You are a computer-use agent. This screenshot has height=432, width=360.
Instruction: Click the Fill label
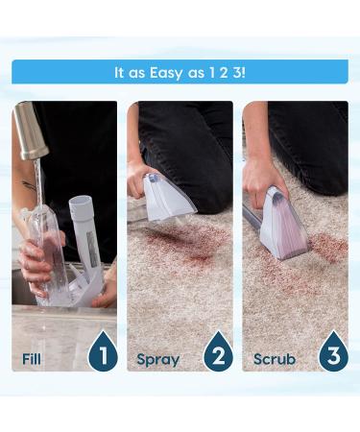[x=32, y=359]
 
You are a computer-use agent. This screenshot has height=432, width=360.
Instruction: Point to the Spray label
[x=157, y=359]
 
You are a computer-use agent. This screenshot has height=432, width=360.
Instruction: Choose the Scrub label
[x=274, y=359]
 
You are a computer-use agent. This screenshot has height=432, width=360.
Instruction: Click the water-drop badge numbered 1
[x=102, y=353]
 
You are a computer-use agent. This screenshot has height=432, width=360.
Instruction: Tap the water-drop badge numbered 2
[x=217, y=353]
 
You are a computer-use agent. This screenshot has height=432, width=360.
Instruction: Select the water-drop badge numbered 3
[x=332, y=353]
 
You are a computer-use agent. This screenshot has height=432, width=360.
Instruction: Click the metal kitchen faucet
[x=33, y=133]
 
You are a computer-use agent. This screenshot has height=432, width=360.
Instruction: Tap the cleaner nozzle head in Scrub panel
[x=285, y=223]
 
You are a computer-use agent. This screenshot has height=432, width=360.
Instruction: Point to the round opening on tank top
[x=82, y=204]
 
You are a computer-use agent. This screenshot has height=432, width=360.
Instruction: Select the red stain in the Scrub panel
[x=326, y=248]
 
